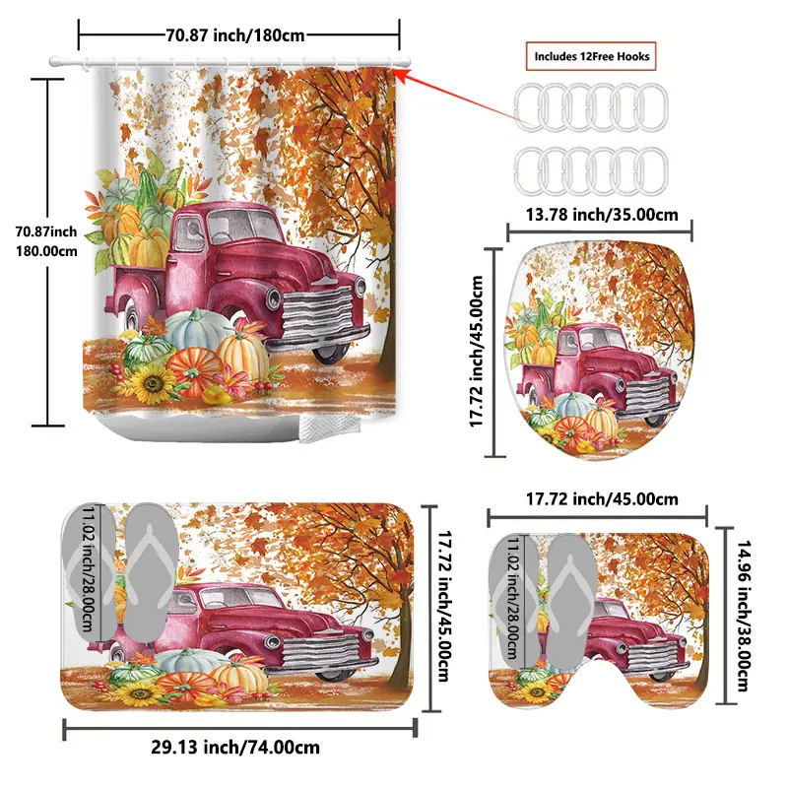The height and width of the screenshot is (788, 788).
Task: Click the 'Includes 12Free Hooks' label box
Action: tap(591, 56)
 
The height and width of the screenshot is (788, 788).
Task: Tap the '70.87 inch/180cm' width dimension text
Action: tap(235, 35)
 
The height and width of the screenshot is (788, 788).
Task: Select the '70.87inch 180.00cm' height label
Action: tap(46, 241)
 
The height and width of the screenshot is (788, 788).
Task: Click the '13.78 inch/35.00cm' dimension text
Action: tap(602, 215)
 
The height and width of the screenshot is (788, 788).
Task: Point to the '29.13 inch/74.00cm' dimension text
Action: tap(235, 747)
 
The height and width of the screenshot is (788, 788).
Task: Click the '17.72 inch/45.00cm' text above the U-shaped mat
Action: tap(602, 499)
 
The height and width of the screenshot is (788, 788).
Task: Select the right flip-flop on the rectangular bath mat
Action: tap(152, 572)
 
